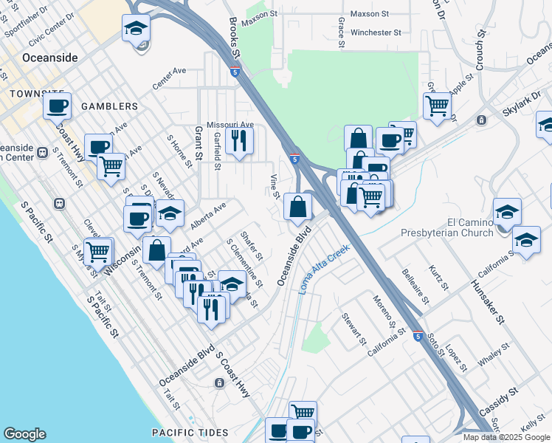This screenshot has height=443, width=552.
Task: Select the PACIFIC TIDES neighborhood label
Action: coord(187,432)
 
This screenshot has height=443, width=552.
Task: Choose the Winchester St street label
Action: coord(376,32)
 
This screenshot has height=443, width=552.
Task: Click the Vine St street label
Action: coord(274,186)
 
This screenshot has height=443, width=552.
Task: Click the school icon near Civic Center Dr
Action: coord(137,30)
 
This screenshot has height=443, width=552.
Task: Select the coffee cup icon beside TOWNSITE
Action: coord(57,105)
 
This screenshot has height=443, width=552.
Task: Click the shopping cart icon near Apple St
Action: coord(437,106)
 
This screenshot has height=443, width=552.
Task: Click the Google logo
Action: coord(24,434)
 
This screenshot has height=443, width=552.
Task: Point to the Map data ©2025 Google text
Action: coord(506,437)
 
